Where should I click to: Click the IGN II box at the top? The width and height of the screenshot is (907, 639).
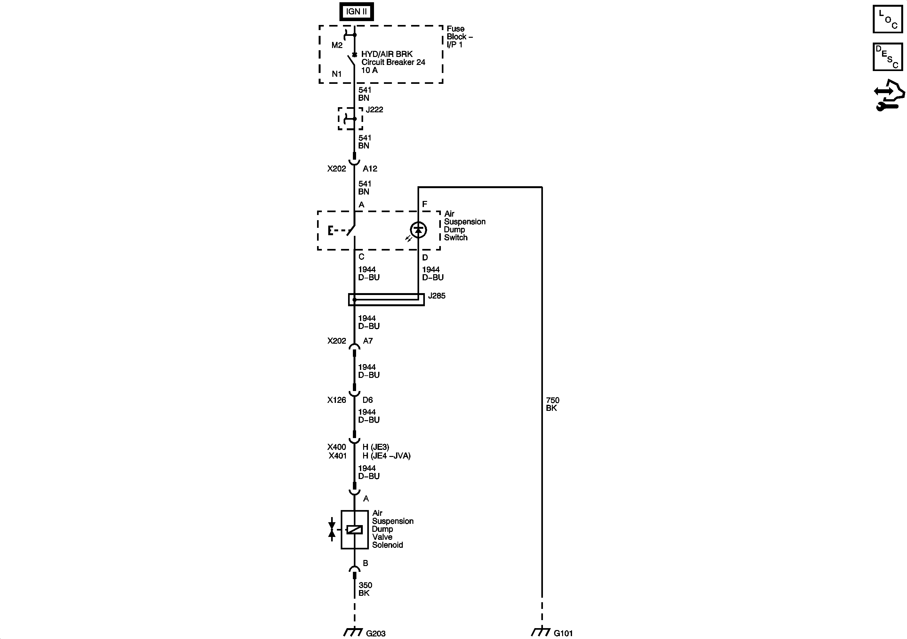[356, 12]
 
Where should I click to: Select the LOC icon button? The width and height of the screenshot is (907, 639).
[887, 19]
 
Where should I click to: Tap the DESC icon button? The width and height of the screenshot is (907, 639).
[887, 57]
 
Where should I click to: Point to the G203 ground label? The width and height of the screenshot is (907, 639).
[375, 634]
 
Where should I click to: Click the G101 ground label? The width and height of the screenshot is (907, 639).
[563, 634]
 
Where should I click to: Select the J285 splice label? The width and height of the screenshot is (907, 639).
[436, 296]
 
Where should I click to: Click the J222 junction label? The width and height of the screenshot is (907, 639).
[374, 110]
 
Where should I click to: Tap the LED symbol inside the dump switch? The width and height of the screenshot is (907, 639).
[418, 230]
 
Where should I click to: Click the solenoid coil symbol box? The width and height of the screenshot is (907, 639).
[354, 530]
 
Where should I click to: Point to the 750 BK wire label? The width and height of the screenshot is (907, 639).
[552, 404]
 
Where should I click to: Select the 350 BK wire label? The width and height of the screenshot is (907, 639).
[365, 589]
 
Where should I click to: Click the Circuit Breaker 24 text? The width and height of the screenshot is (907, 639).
[393, 62]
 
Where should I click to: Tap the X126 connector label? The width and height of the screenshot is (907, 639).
[337, 400]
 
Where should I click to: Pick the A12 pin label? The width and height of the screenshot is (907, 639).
[370, 169]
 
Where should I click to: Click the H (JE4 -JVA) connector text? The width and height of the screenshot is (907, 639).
[386, 456]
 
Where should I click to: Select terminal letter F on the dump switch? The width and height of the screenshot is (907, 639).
[425, 204]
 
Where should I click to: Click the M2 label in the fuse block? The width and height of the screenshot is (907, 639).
[337, 45]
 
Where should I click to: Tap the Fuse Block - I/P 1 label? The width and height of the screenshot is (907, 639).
[459, 37]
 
